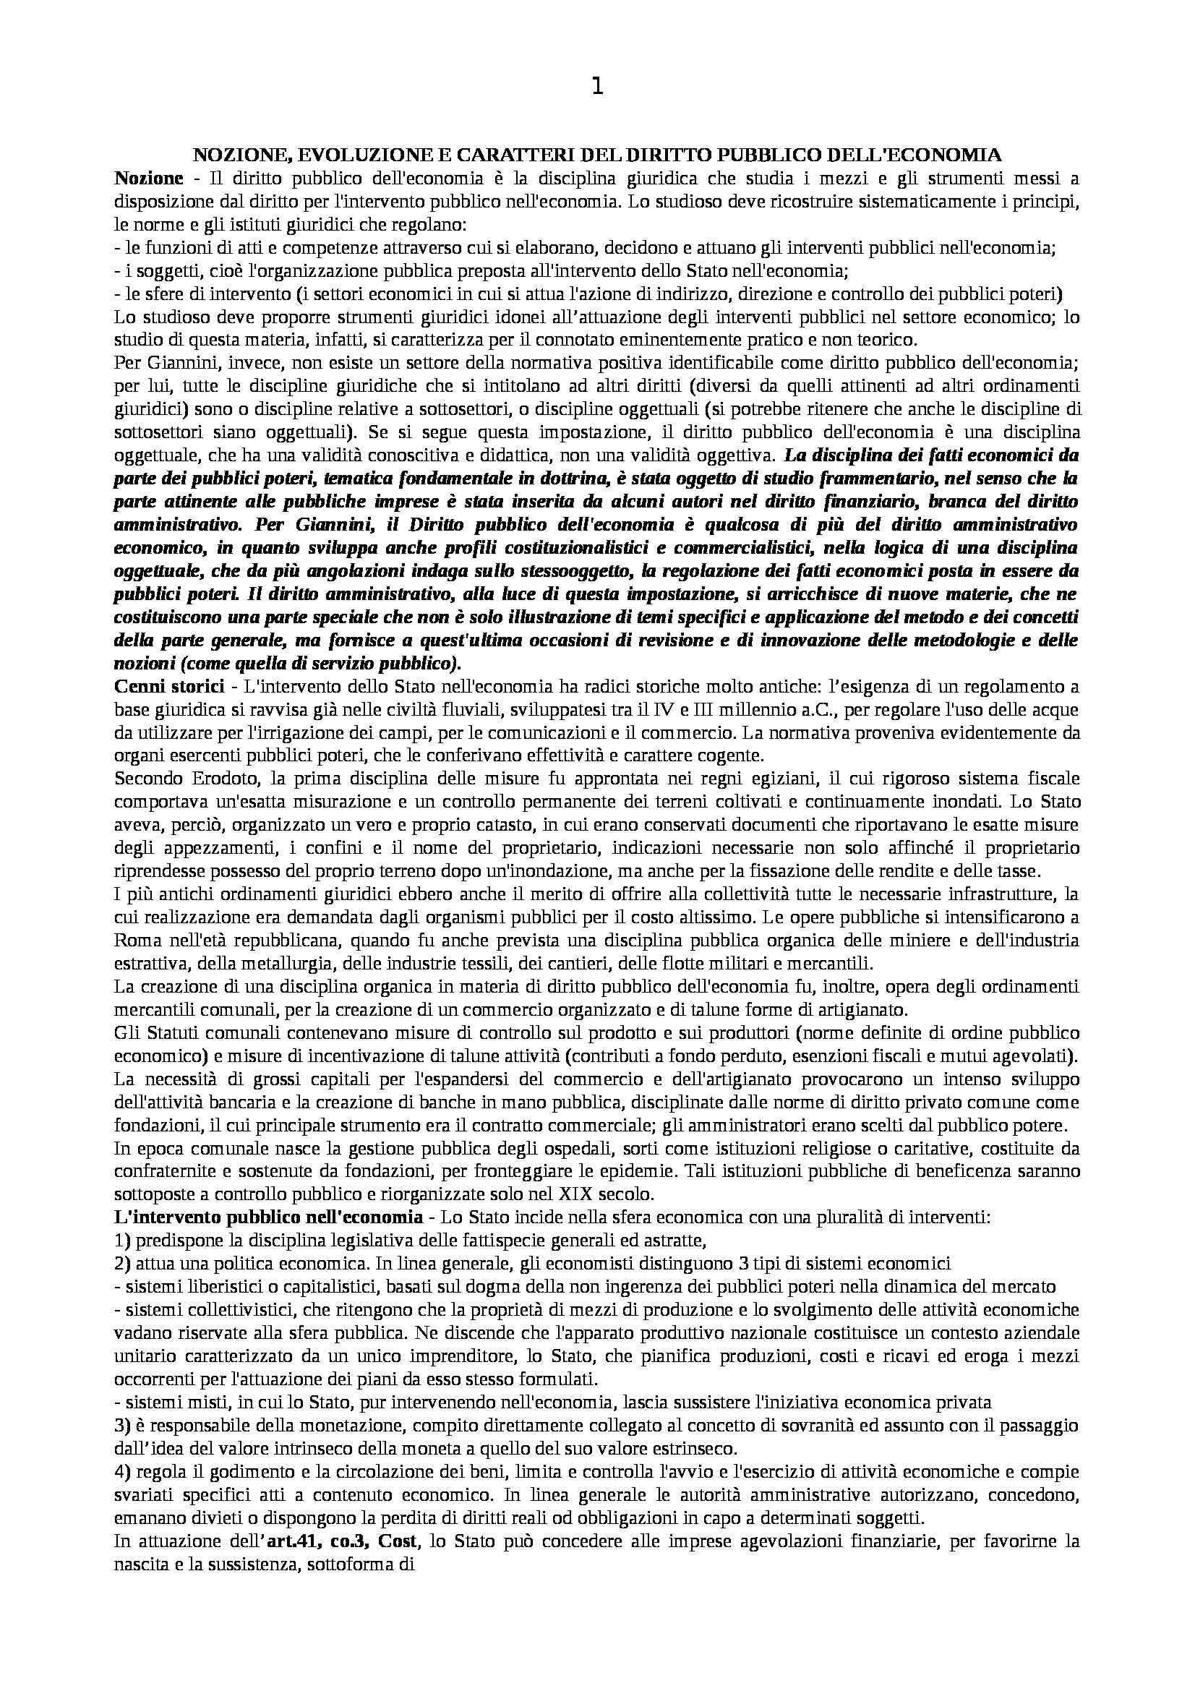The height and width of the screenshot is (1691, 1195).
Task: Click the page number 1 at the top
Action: (597, 87)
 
